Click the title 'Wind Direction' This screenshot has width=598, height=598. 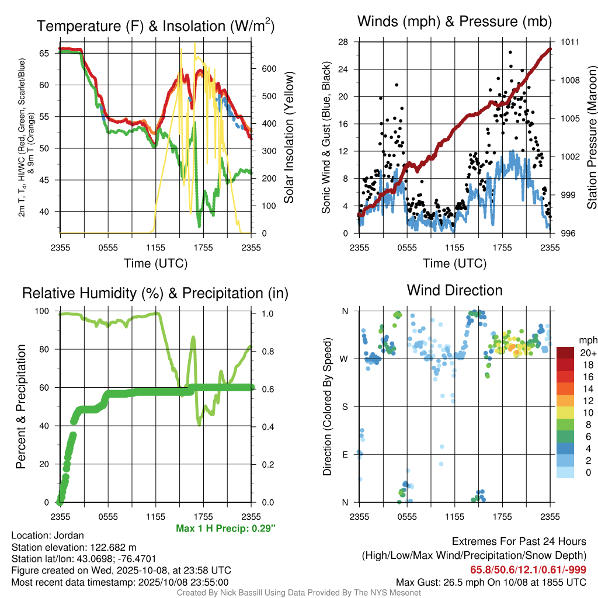(x=454, y=290)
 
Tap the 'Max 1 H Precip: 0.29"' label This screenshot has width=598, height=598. (x=225, y=529)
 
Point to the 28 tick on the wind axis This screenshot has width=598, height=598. (x=344, y=42)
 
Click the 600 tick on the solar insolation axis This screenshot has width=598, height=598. (x=269, y=68)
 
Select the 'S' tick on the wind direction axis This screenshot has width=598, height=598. (x=345, y=406)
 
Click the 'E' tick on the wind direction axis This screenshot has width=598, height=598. (x=345, y=454)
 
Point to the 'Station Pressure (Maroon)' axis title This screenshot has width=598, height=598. (x=591, y=137)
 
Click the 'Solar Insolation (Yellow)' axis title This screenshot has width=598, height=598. (x=289, y=137)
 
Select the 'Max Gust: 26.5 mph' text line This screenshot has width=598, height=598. (x=491, y=582)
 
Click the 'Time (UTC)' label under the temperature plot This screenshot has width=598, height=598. (x=155, y=263)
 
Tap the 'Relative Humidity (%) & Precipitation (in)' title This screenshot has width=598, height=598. (x=155, y=293)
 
